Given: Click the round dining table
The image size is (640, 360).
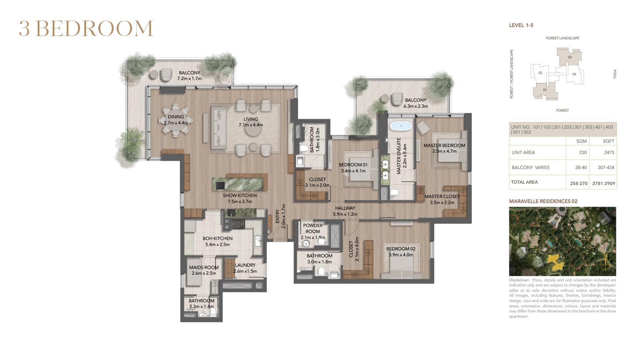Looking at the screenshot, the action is (176, 120).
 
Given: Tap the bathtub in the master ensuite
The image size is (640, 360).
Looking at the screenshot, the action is (401, 126).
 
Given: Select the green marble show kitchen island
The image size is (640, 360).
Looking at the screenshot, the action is (240, 184).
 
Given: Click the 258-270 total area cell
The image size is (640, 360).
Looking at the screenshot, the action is (579, 183).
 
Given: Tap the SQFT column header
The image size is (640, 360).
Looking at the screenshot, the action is (608, 141).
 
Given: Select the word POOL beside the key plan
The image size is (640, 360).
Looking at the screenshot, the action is (615, 74).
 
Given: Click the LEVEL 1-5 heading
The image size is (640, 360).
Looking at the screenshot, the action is (521, 25).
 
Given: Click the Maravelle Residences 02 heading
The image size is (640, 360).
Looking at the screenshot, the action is (543, 201).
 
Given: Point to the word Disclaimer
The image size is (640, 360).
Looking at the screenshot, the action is (519, 280).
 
